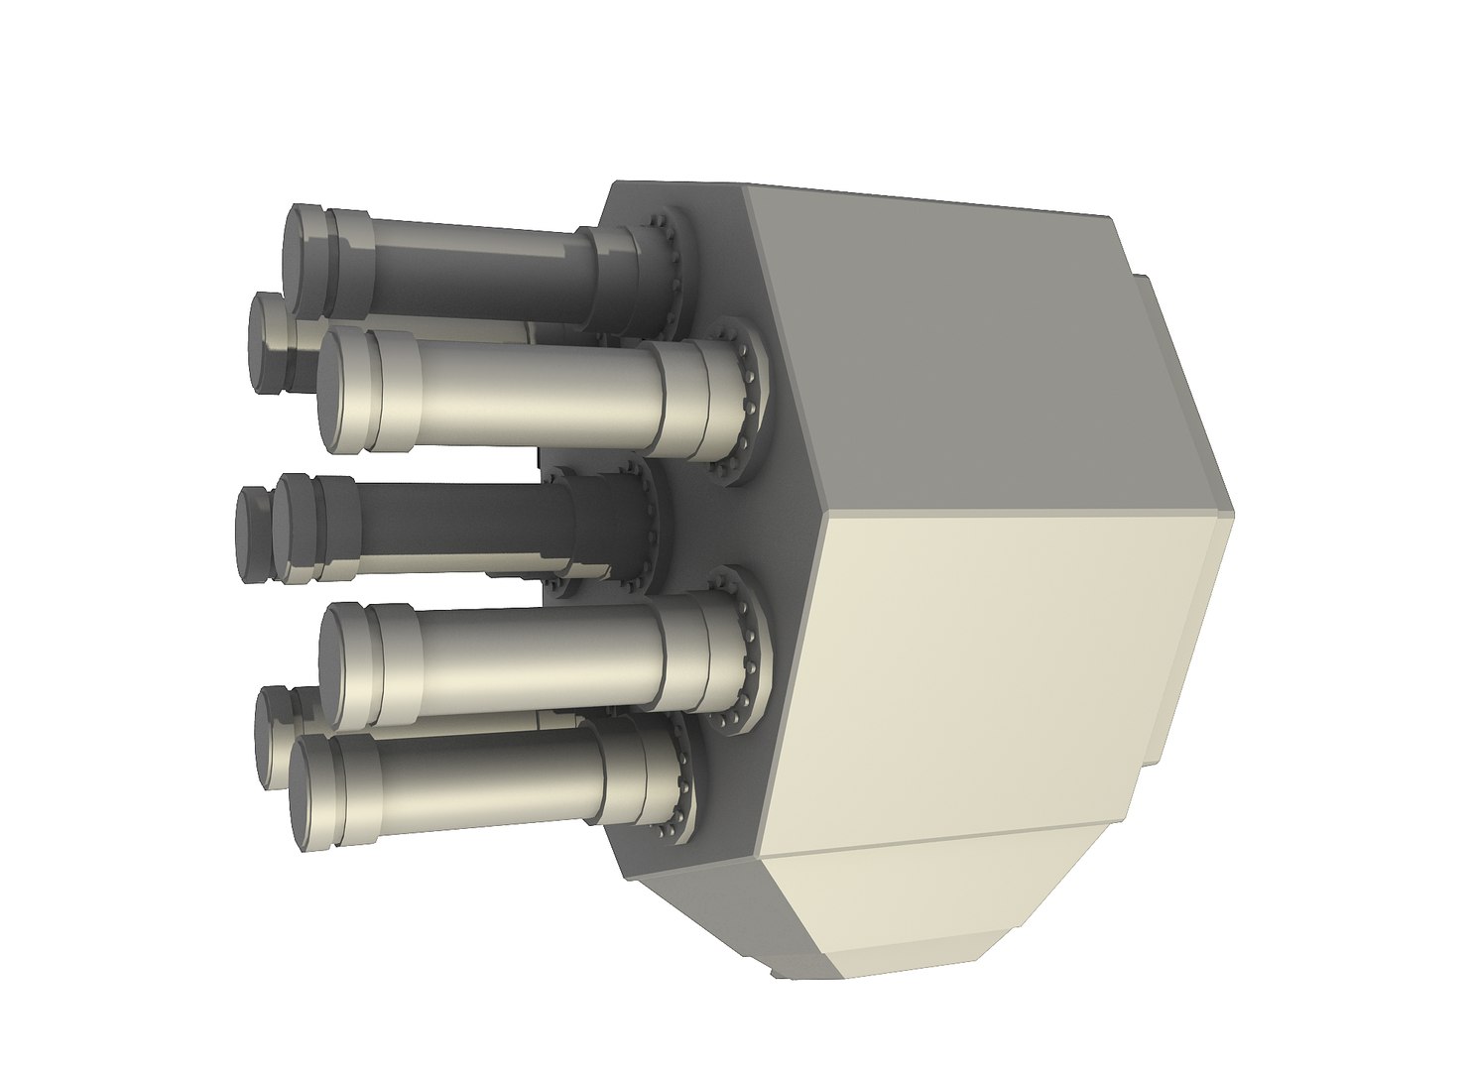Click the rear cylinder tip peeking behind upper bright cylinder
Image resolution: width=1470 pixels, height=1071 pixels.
[268, 342]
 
